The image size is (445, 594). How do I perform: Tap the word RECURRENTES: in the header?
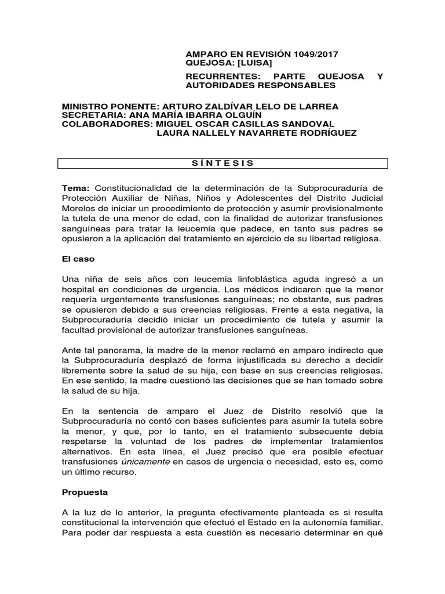(214, 77)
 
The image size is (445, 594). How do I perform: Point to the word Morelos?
(79, 209)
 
